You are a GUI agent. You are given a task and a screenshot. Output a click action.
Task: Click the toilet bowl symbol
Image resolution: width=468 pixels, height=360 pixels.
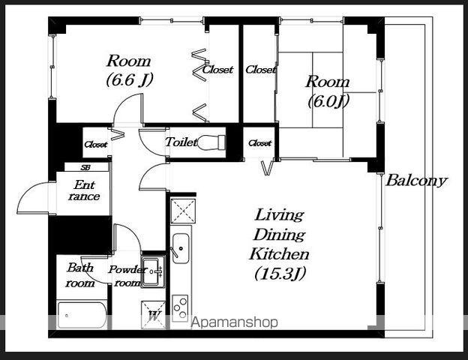[x=211, y=142]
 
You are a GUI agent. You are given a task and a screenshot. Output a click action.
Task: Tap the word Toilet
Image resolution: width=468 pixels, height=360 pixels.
[x=181, y=142]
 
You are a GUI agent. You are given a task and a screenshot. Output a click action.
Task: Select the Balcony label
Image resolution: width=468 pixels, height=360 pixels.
[x=417, y=181]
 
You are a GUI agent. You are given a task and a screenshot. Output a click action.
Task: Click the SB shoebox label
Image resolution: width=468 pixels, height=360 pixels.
[x=85, y=167]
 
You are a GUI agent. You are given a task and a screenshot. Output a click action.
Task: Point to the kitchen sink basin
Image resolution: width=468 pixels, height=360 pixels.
[x=181, y=247]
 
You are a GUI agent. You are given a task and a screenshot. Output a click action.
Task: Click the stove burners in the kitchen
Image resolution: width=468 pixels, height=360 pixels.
[x=180, y=308]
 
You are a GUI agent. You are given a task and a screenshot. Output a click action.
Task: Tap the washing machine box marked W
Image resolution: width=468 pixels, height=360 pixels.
[x=153, y=315]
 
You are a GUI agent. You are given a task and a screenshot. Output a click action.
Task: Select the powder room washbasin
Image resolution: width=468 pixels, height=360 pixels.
[x=152, y=271]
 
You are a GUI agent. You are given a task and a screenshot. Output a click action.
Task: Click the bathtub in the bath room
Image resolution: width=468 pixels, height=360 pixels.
[x=82, y=316]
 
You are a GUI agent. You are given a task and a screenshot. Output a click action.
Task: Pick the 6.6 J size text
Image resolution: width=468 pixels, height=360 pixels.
[x=130, y=79]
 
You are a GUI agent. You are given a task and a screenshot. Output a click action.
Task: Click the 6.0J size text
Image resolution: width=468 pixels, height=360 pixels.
[x=328, y=101]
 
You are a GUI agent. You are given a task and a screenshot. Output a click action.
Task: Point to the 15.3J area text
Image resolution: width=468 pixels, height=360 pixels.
[x=280, y=274]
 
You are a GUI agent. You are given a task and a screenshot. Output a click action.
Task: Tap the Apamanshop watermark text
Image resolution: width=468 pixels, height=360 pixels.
[x=235, y=322]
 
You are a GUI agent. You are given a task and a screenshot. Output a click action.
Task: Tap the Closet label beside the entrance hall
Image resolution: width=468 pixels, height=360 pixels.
[x=96, y=145]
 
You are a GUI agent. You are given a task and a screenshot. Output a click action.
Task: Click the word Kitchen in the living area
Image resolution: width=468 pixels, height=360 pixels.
[x=279, y=254]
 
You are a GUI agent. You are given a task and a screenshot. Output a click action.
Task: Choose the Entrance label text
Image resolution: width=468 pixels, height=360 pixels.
[x=85, y=190]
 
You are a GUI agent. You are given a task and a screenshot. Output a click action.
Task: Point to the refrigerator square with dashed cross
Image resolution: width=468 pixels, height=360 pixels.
[x=183, y=211]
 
